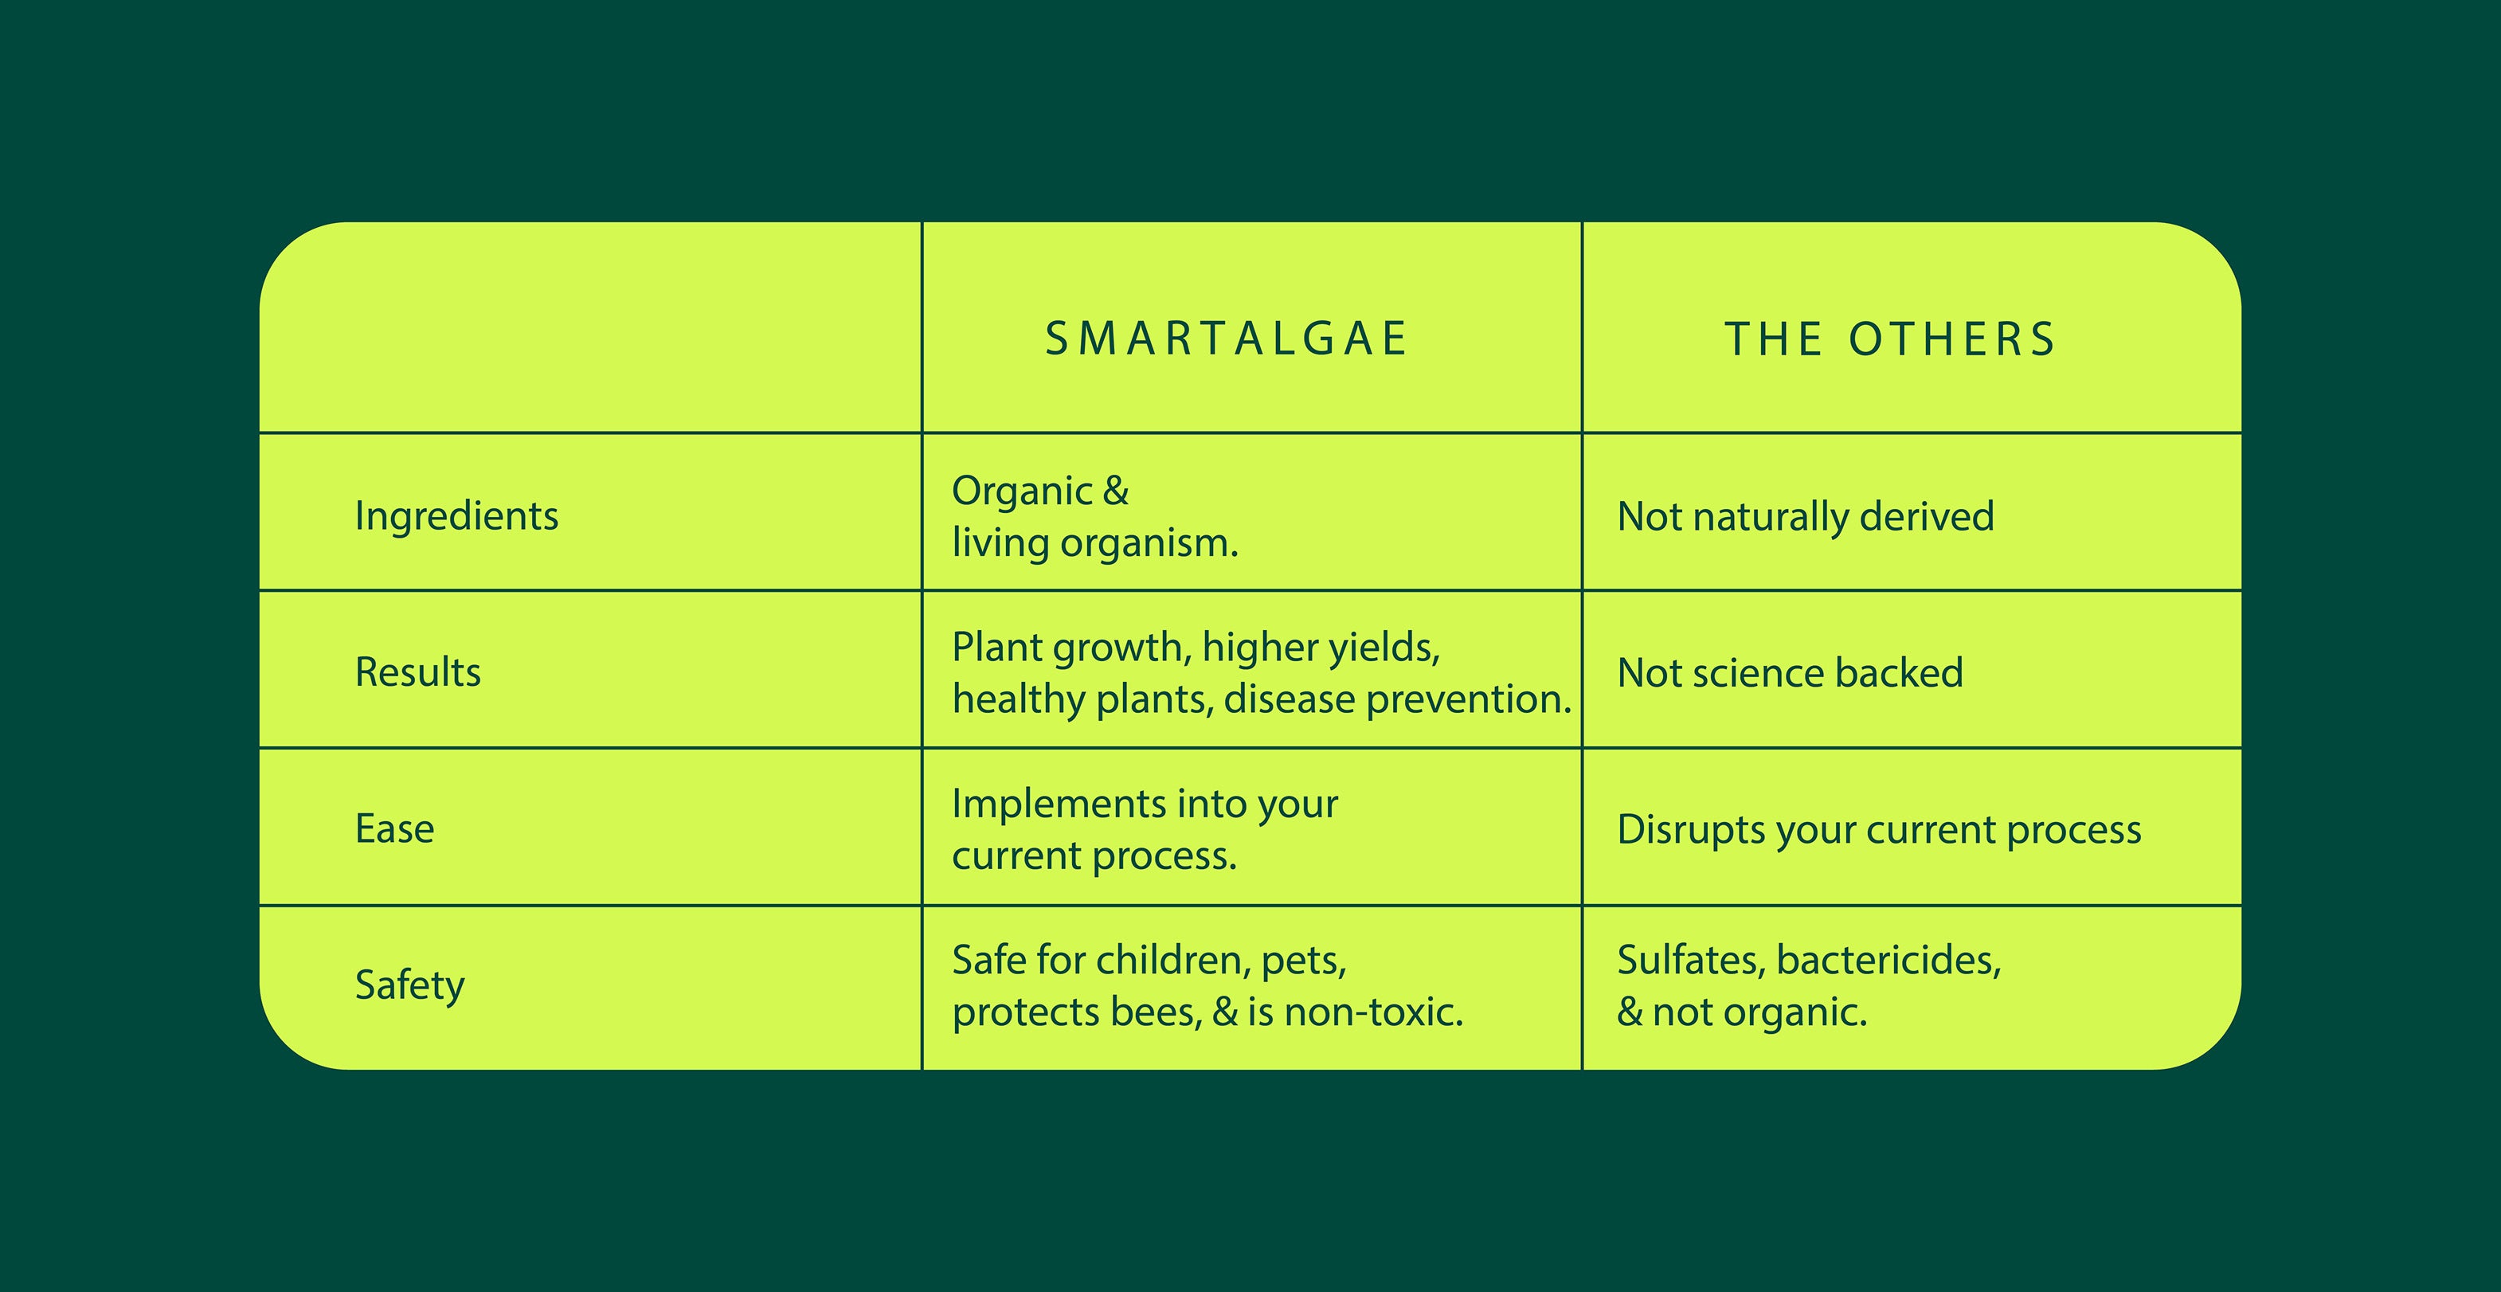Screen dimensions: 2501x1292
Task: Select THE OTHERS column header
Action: pyautogui.click(x=1889, y=339)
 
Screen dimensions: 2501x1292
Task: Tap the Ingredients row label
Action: pyautogui.click(x=456, y=515)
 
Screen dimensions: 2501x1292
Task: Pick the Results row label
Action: pyautogui.click(x=417, y=671)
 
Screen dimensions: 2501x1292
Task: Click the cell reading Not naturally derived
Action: pyautogui.click(x=1805, y=516)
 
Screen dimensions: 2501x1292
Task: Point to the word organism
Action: pyautogui.click(x=1149, y=543)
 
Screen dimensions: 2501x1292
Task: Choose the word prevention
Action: pyautogui.click(x=1469, y=699)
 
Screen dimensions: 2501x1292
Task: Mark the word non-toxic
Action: pyautogui.click(x=1374, y=1012)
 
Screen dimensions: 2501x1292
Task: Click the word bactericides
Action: pyautogui.click(x=1888, y=961)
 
